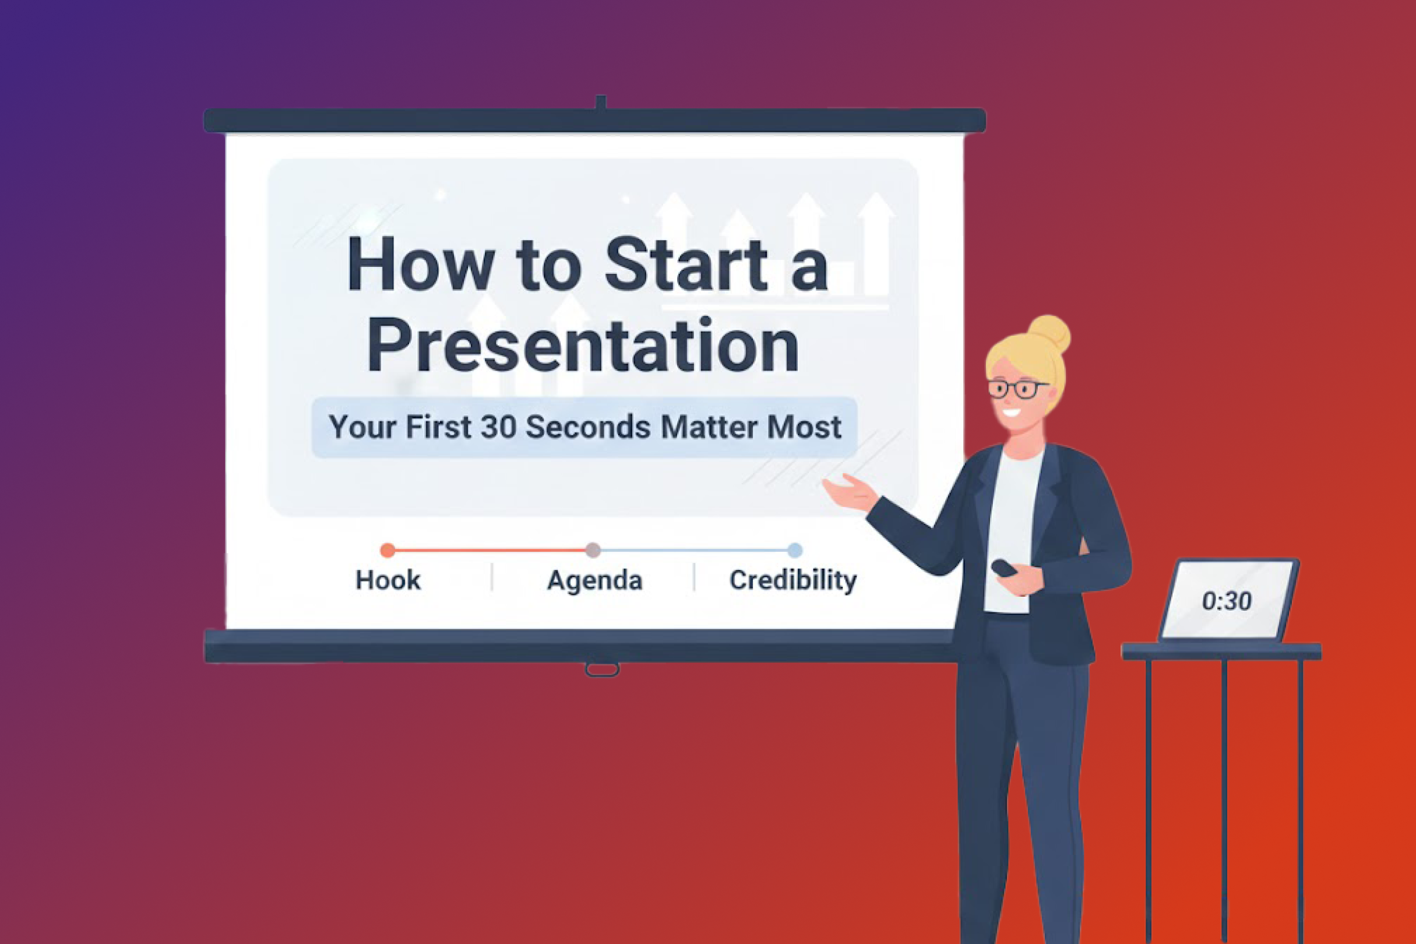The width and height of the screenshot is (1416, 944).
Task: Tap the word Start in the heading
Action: (686, 265)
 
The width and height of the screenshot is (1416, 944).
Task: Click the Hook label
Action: (388, 580)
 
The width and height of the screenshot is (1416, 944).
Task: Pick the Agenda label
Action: (594, 580)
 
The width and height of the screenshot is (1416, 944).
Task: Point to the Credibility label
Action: (793, 580)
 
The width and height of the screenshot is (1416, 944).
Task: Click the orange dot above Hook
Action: (388, 550)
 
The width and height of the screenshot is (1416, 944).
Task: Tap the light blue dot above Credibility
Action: (795, 550)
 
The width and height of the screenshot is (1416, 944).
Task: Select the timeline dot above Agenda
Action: (593, 550)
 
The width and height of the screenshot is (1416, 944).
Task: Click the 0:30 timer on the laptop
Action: (1227, 601)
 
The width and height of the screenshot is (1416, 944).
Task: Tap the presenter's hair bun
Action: (1049, 334)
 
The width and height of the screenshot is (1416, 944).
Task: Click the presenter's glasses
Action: (1017, 389)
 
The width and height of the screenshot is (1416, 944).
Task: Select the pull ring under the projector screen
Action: (601, 669)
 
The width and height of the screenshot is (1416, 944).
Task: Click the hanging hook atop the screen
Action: (600, 103)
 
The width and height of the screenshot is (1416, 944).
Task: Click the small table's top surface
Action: (1221, 651)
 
